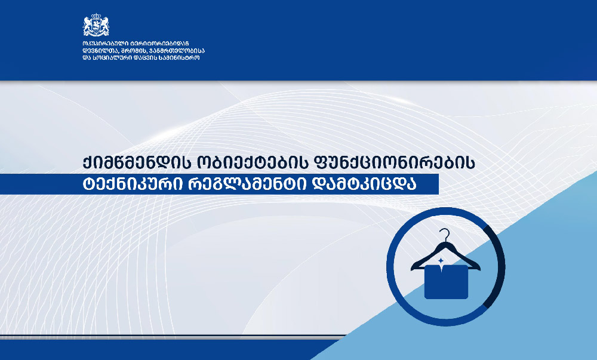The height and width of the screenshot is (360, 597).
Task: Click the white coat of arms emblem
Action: tap(96, 24)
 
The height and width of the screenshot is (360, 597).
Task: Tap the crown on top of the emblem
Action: tap(96, 16)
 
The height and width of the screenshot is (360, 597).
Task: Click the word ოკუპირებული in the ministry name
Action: tap(103, 44)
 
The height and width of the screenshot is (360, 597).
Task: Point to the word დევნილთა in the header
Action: tap(100, 51)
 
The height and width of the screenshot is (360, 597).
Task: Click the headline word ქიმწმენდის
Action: tap(137, 163)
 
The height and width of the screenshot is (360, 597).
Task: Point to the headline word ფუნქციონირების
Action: tap(393, 163)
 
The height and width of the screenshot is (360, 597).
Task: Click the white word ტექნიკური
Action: tap(133, 184)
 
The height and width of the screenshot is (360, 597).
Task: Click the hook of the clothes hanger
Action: tap(444, 235)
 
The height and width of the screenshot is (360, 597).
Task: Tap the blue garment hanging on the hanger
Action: tap(446, 282)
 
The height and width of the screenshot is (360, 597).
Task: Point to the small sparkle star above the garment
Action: tap(441, 261)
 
